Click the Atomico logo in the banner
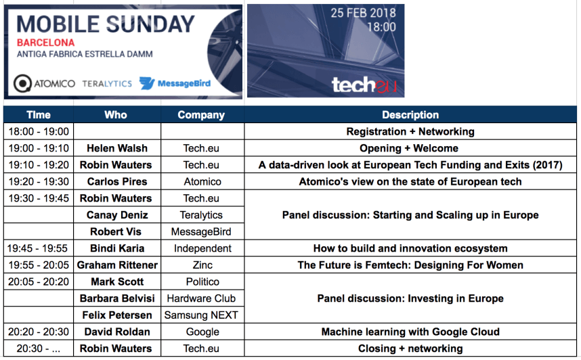click(x=45, y=83)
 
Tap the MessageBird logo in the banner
click(x=175, y=83)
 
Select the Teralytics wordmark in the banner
click(x=107, y=84)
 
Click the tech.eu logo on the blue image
click(x=364, y=85)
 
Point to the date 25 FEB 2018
click(x=363, y=13)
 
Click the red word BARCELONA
click(x=45, y=43)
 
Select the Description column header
click(x=410, y=115)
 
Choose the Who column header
click(x=116, y=115)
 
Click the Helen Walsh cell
click(x=117, y=148)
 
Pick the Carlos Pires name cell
click(x=117, y=181)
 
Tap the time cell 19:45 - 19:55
click(x=39, y=248)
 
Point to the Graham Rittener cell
click(x=117, y=265)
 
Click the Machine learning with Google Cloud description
click(x=410, y=332)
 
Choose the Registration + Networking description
click(x=410, y=131)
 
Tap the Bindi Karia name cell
click(x=117, y=248)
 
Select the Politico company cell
click(x=202, y=282)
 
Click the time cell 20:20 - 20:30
click(x=39, y=332)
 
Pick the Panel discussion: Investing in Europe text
click(x=410, y=298)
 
